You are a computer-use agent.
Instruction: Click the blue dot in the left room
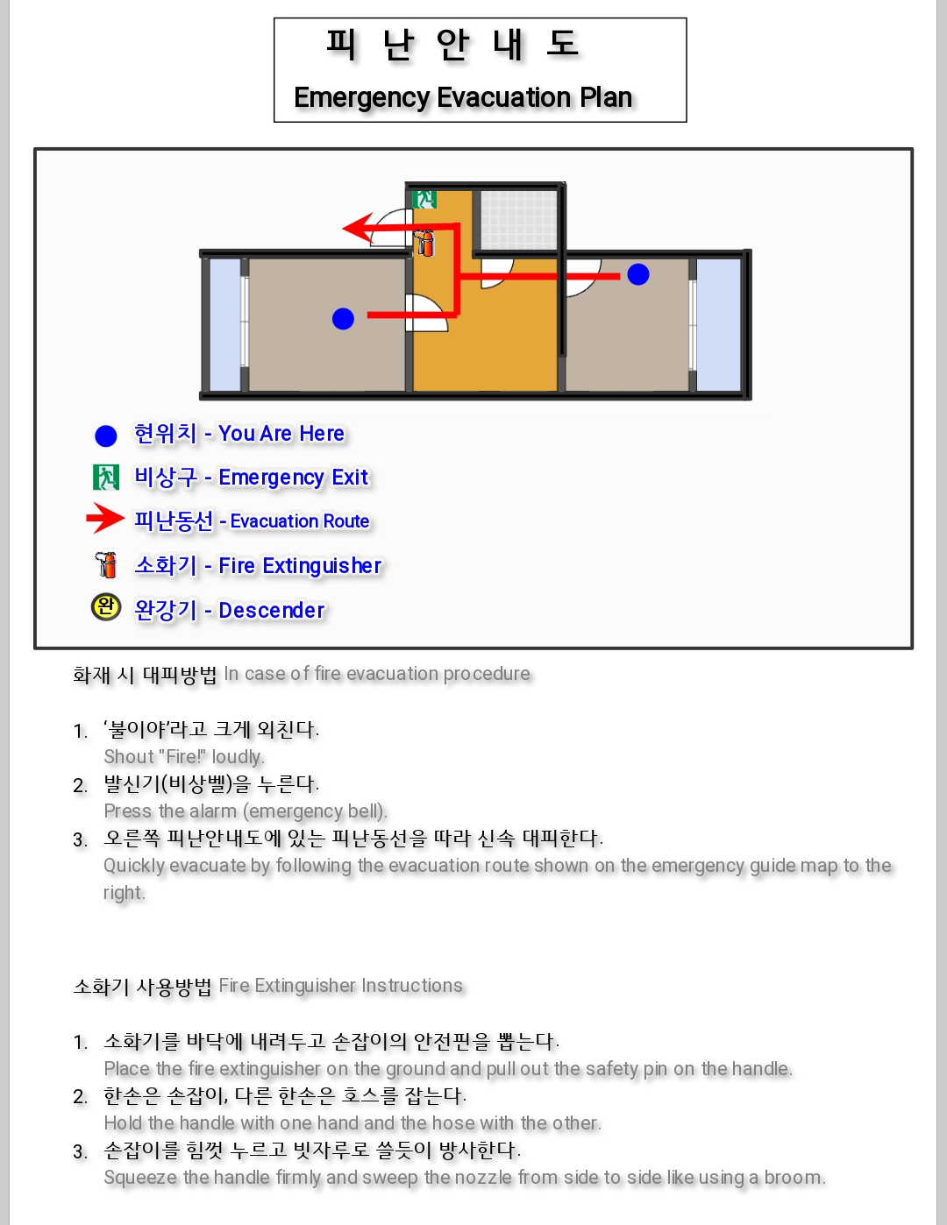point(343,318)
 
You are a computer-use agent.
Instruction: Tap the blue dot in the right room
point(638,274)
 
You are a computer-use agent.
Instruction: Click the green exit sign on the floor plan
point(424,200)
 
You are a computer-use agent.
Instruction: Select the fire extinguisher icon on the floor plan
point(424,243)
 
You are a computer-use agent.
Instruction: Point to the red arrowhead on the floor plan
point(358,228)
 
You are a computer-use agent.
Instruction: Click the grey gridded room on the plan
point(518,220)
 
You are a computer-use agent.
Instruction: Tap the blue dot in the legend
point(106,435)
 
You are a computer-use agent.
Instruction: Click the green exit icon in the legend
point(106,478)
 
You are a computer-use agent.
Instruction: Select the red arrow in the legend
point(105,518)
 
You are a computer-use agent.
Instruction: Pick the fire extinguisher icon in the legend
point(106,565)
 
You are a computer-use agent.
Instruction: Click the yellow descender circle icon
point(106,607)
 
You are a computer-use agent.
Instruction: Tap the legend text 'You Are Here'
point(281,434)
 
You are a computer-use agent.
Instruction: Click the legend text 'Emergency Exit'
point(293,478)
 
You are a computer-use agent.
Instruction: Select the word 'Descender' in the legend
point(271,610)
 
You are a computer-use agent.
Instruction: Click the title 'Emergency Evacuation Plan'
point(463,97)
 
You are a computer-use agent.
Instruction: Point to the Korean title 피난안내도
point(453,44)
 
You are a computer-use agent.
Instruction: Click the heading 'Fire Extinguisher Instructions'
point(341,986)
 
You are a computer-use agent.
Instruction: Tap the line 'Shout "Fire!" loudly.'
point(184,756)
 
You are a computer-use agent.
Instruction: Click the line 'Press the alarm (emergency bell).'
point(246,811)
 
